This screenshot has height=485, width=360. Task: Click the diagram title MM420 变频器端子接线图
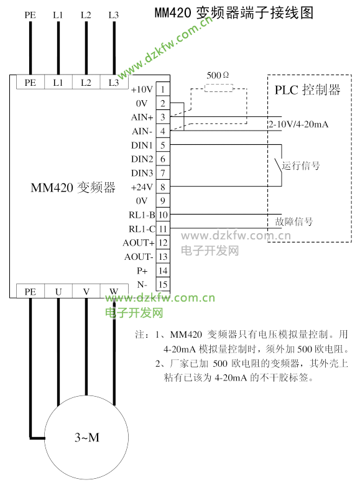pyautogui.click(x=233, y=12)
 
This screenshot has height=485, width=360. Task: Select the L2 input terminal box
pyautogui.click(x=86, y=82)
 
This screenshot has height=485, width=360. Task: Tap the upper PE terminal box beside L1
pyautogui.click(x=30, y=82)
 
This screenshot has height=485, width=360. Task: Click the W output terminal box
pyautogui.click(x=113, y=291)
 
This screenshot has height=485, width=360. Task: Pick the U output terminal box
pyautogui.click(x=58, y=291)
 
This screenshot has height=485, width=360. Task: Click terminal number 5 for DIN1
pyautogui.click(x=162, y=145)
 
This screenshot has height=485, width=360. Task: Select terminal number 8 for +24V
pyautogui.click(x=162, y=187)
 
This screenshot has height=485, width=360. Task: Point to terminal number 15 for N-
pyautogui.click(x=162, y=284)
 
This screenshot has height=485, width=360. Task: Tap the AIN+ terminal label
pyautogui.click(x=142, y=117)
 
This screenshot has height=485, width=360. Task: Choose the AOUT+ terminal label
pyautogui.click(x=139, y=242)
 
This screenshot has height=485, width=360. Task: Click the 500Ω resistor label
pyautogui.click(x=218, y=75)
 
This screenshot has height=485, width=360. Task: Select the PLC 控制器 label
pyautogui.click(x=308, y=90)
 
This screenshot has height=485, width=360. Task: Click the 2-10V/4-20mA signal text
pyautogui.click(x=298, y=124)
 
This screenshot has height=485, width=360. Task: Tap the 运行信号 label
pyautogui.click(x=302, y=166)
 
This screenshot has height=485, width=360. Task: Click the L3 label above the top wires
pyautogui.click(x=113, y=14)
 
